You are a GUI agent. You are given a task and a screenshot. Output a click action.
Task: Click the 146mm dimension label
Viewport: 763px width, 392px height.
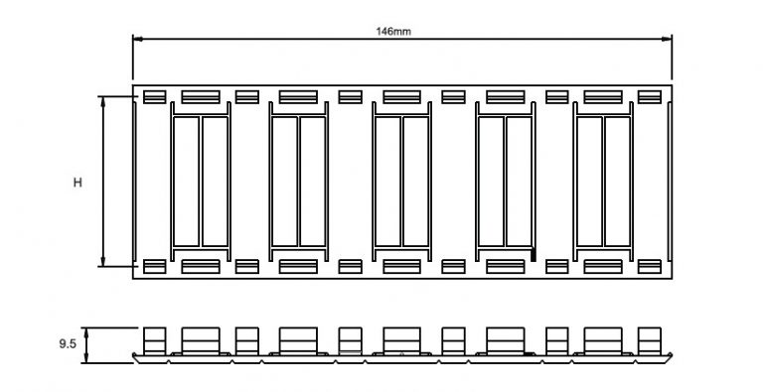(394, 31)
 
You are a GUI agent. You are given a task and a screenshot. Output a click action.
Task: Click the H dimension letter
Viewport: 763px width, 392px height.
(77, 183)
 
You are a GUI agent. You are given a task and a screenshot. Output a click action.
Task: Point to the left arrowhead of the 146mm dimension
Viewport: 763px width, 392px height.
(137, 39)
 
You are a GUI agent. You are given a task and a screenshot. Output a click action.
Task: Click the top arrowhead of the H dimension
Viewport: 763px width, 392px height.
(103, 100)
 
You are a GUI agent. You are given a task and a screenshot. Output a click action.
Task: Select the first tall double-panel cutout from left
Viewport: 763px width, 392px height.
(200, 181)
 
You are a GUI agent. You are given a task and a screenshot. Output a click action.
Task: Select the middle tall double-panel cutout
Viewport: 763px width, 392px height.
(401, 181)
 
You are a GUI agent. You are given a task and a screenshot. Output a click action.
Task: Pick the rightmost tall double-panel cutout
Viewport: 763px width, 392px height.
(603, 181)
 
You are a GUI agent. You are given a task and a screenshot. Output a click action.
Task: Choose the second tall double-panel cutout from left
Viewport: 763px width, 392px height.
(298, 181)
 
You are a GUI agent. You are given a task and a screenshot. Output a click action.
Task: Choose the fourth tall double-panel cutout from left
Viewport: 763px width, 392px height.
(506, 181)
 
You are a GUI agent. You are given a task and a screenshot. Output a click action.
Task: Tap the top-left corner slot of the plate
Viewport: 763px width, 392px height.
(154, 97)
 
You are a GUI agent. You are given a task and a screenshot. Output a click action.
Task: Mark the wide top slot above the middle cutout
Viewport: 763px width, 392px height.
(401, 97)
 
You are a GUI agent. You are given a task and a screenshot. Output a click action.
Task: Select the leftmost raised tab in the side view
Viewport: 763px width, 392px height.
(154, 339)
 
